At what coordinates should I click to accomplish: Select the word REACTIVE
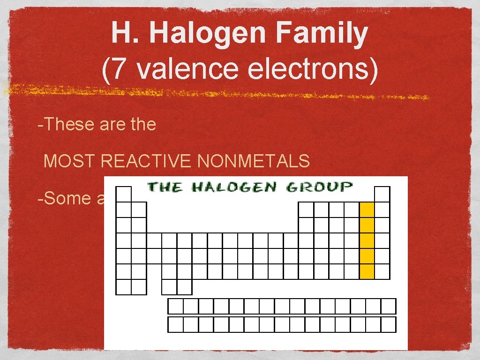146,162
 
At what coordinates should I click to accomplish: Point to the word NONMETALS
254,162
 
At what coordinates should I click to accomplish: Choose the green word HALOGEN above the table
234,187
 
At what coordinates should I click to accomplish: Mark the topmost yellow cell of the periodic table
367,210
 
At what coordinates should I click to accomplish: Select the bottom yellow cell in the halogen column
367,271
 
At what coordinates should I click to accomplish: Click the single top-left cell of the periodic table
124,195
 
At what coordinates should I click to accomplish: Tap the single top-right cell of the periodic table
382,195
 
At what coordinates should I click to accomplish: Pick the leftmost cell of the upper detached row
175,306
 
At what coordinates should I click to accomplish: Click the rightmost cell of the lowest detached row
389,324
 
